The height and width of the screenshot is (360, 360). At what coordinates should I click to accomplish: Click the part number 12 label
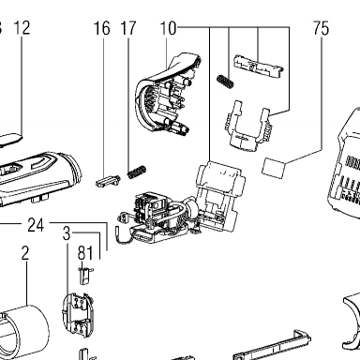tap(22, 28)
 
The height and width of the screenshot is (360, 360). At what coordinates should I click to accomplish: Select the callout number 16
tap(102, 28)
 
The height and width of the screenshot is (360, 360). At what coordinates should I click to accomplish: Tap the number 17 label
tap(128, 28)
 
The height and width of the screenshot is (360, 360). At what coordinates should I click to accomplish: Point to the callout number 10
tap(169, 28)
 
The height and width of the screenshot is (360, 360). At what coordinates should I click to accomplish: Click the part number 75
tap(322, 28)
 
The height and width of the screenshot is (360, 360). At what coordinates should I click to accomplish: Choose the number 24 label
tap(36, 225)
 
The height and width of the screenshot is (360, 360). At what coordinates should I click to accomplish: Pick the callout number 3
tap(67, 233)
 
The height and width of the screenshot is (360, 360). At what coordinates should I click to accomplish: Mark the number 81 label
tap(85, 253)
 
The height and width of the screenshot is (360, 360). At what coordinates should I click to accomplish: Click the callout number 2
tap(25, 253)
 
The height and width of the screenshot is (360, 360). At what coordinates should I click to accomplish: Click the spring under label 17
tap(137, 172)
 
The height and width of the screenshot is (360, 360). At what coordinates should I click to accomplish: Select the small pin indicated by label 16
tap(108, 181)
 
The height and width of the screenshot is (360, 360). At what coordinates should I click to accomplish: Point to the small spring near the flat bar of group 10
tap(225, 82)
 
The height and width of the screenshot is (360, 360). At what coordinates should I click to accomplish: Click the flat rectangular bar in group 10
tap(259, 66)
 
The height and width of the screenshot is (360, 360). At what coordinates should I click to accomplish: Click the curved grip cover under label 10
tap(168, 94)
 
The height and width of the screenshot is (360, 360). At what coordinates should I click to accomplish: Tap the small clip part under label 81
tap(85, 275)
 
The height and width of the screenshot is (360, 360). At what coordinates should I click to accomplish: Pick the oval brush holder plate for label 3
tap(78, 316)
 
